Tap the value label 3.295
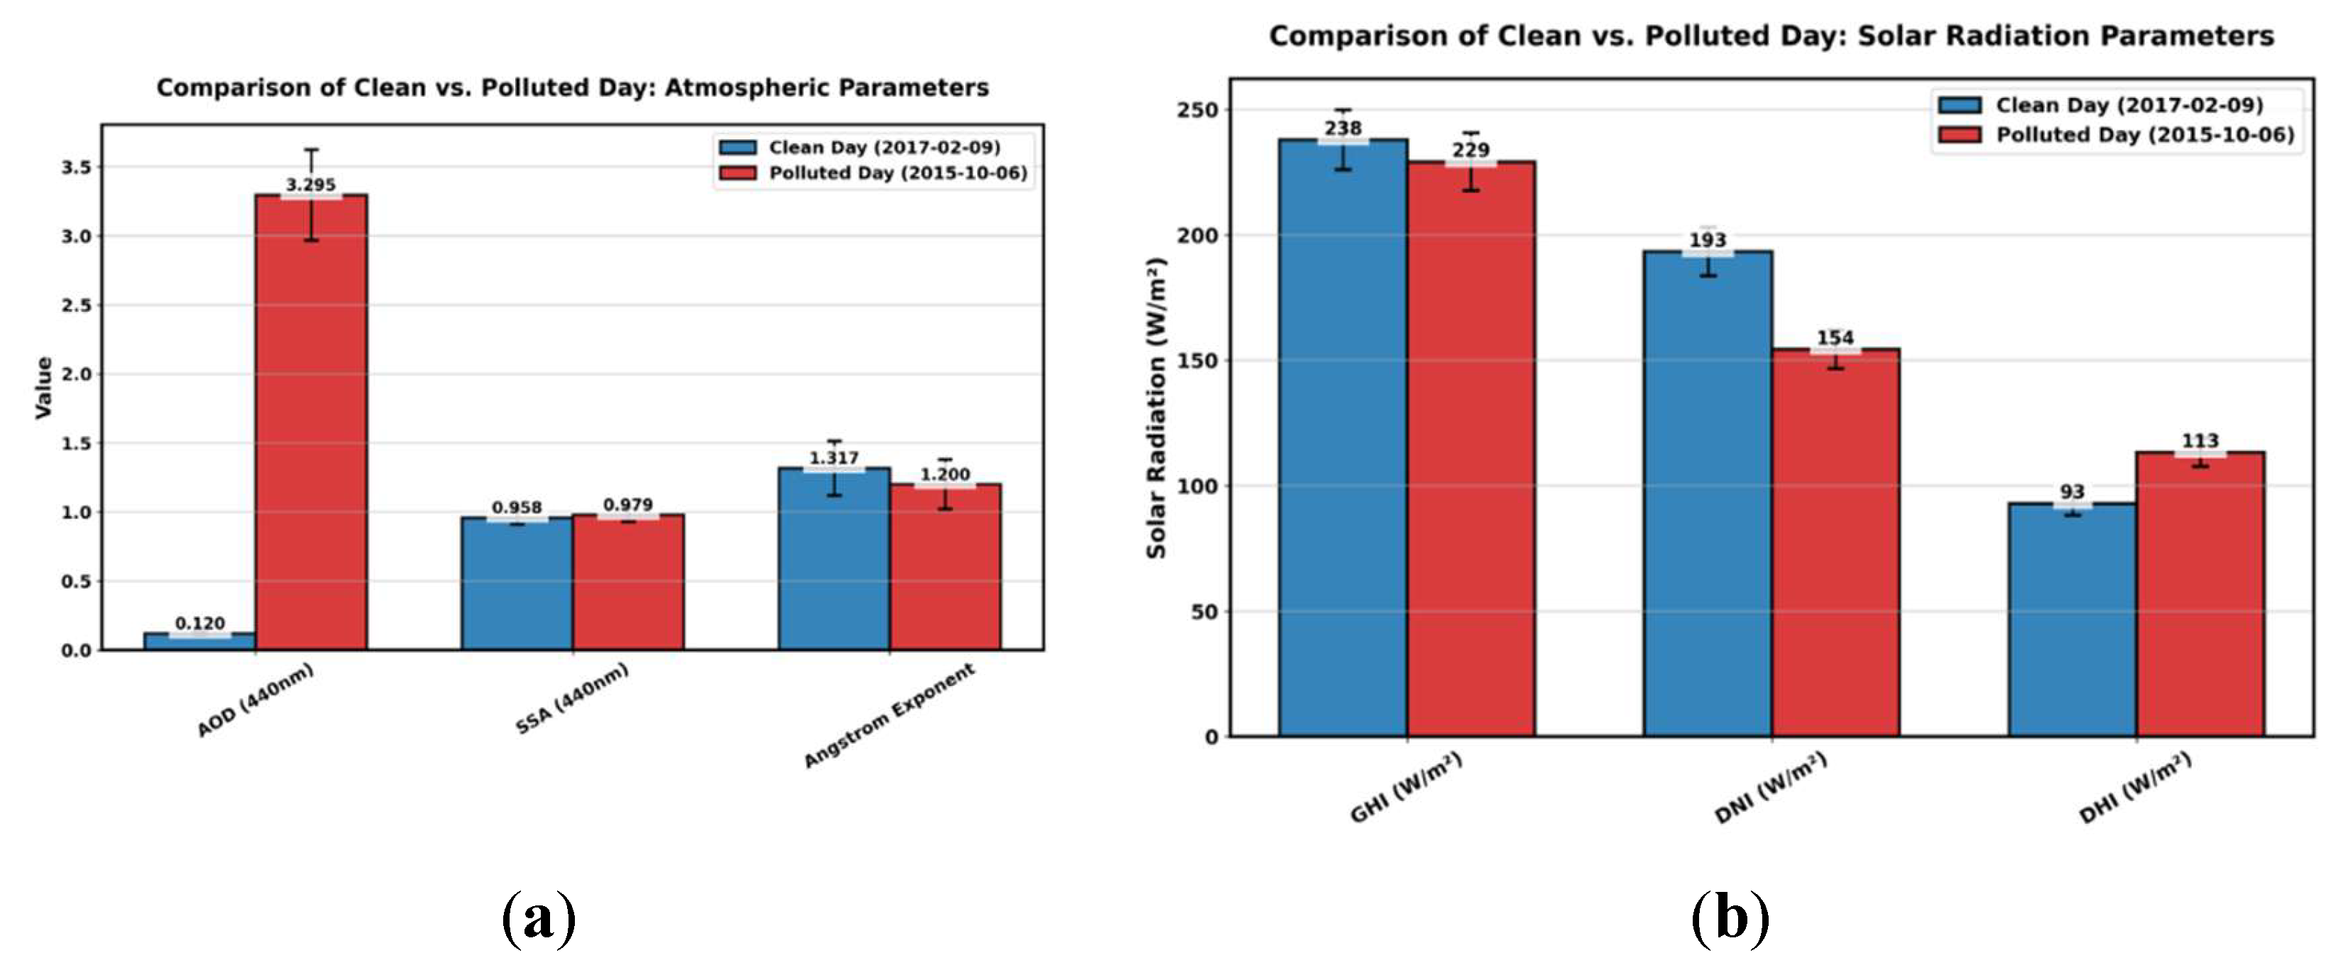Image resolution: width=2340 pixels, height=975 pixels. [x=311, y=185]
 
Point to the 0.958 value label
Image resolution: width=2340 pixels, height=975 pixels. [x=517, y=508]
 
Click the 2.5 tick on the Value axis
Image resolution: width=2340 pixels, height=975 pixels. [x=77, y=305]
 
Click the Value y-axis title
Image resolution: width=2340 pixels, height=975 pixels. [x=43, y=388]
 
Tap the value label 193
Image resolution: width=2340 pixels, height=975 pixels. [x=1707, y=241]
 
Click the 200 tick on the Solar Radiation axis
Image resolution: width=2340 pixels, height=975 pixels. [x=1197, y=235]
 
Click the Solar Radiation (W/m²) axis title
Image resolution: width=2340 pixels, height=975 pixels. [x=1155, y=408]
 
